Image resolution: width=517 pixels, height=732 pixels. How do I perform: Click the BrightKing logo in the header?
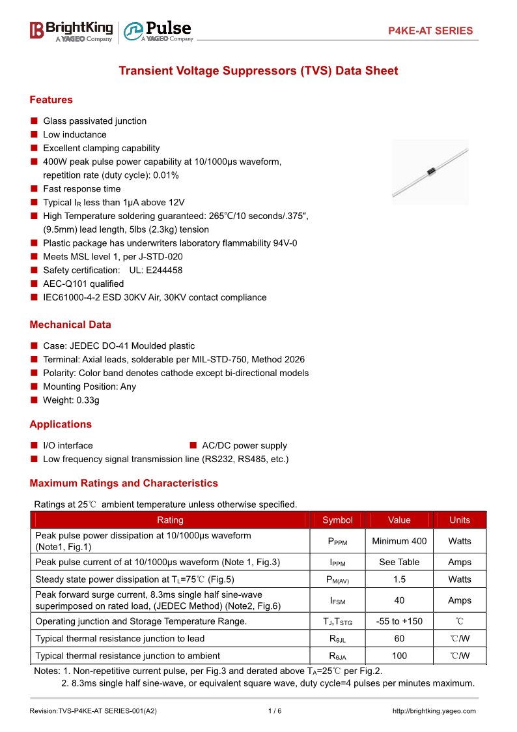pos(71,31)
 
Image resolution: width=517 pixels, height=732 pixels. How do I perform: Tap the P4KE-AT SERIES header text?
pos(430,31)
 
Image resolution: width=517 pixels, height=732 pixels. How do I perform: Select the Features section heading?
pos(51,100)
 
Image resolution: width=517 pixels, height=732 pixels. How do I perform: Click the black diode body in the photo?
pos(430,171)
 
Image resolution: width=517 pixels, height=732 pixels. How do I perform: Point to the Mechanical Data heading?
pos(70,325)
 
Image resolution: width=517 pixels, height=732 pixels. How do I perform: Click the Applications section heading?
pos(61,424)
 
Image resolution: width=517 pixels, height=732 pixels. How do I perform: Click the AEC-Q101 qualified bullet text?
pos(83,284)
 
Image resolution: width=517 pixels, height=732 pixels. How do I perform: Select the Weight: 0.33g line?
pos(71,400)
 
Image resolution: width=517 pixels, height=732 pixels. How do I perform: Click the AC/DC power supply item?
pos(244,446)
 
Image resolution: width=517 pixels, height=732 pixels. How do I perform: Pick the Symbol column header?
pos(337,520)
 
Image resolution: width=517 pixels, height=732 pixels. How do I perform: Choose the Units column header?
pos(460,520)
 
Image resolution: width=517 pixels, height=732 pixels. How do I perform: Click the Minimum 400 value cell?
pos(399,541)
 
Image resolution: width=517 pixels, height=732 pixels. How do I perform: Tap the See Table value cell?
pos(399,562)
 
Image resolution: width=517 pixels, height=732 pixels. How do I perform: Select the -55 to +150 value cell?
pos(399,621)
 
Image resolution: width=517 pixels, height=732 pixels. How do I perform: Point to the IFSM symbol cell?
pos(337,600)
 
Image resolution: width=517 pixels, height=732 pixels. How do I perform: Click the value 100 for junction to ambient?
pos(399,656)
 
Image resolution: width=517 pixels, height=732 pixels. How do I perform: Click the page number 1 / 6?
pos(275,711)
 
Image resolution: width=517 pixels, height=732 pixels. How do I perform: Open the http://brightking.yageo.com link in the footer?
pos(434,711)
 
